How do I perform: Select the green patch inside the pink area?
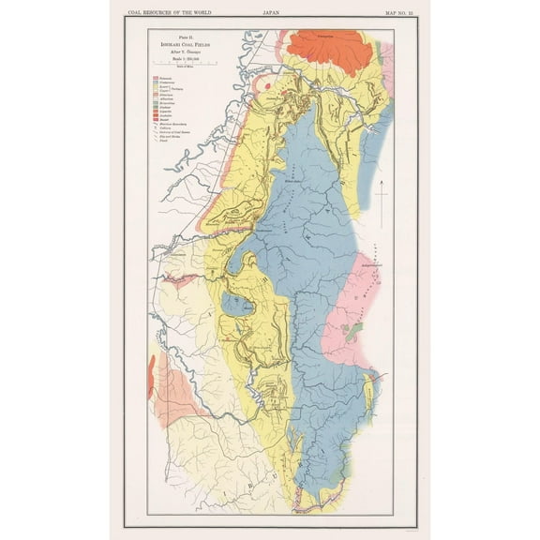click(x=353, y=330)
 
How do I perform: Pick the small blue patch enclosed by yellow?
click(x=231, y=305)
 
